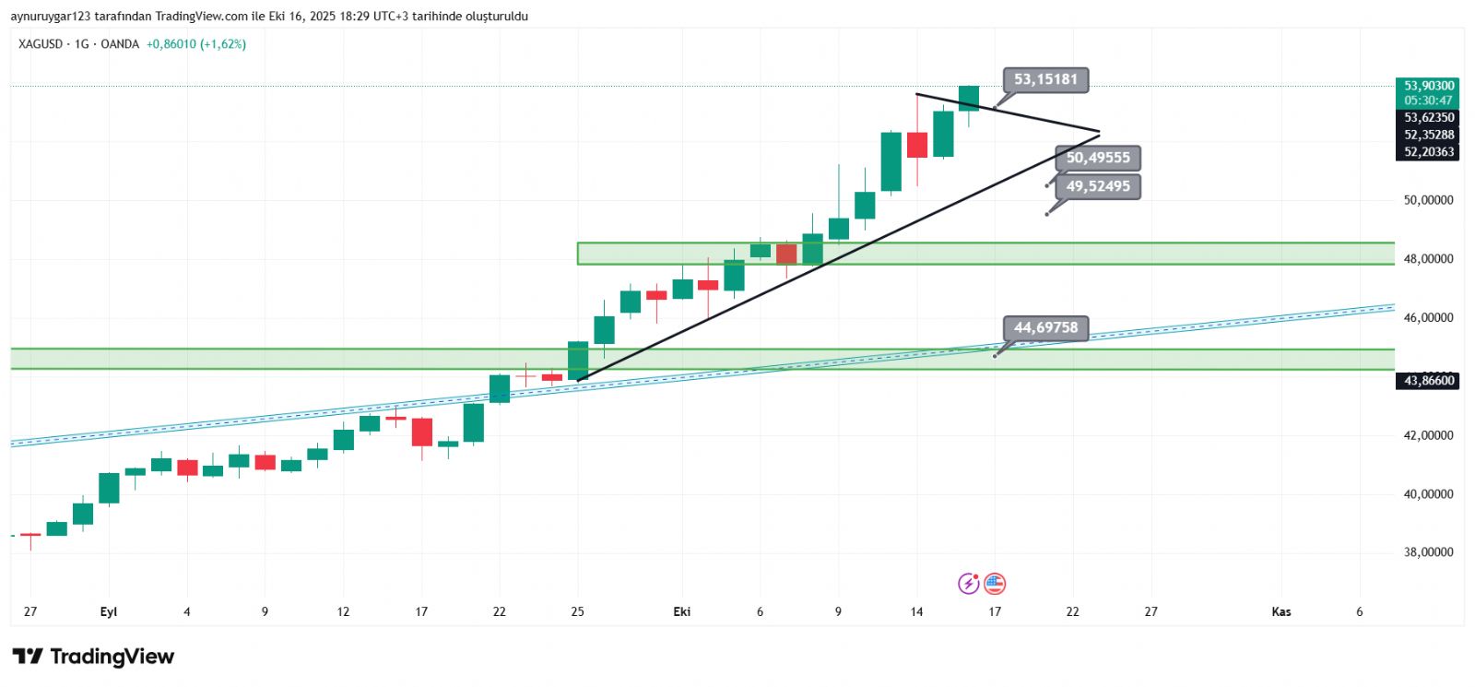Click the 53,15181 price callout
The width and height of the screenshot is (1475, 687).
coord(1045,79)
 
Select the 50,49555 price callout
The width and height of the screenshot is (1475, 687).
coord(1097,158)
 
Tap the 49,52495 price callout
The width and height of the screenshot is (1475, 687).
coord(1097,186)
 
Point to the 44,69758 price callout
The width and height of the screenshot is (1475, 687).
coord(1045,327)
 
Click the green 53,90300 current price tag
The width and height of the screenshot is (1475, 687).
coord(1428,86)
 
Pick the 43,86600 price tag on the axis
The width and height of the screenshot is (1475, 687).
coord(1428,381)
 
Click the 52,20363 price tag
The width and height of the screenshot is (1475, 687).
coord(1428,152)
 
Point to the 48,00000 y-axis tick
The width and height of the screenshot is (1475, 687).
coord(1428,259)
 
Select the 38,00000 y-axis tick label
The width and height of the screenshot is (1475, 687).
coord(1428,552)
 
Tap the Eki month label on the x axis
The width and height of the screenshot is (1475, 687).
coord(682,611)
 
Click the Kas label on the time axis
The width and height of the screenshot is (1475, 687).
coord(1280,611)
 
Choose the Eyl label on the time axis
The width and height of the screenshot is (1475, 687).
coord(109,611)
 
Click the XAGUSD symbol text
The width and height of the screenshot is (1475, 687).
coord(40,44)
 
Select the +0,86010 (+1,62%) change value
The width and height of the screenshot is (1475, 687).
coord(195,44)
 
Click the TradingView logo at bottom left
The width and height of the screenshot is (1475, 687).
coord(93,657)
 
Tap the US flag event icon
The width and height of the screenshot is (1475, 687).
coord(995,583)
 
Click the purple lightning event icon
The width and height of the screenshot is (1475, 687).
coord(969,583)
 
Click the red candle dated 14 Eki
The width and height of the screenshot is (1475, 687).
coord(917,145)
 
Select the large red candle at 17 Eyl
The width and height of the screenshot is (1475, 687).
coord(422,432)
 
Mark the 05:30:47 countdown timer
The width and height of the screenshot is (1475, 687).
coord(1428,101)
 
